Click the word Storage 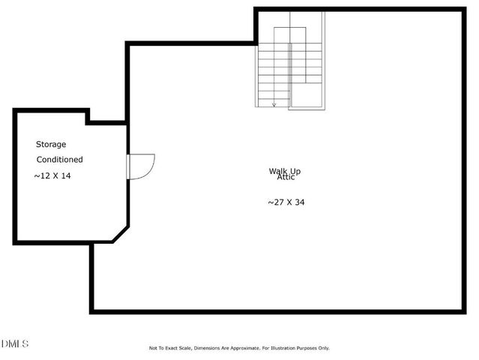pos(52,144)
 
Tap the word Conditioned pos(60,160)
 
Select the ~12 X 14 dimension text pos(52,175)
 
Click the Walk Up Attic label pos(285,173)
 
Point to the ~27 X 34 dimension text pos(286,202)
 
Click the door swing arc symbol pos(142,166)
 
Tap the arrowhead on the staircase pos(274,104)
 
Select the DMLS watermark pos(15,343)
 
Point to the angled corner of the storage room pos(120,232)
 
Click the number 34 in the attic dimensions pos(300,202)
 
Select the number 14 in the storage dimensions pos(66,175)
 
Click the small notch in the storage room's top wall pos(88,116)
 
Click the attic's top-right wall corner pos(463,10)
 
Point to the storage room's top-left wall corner pos(15,111)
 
